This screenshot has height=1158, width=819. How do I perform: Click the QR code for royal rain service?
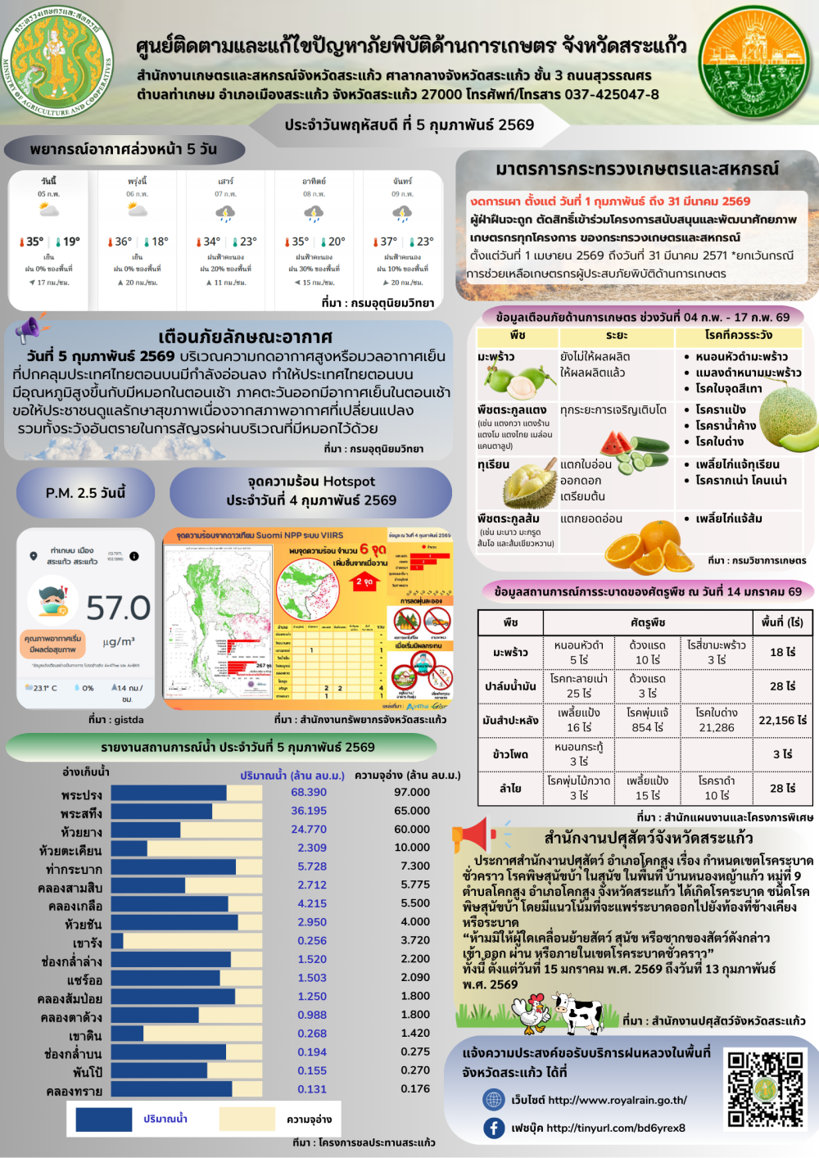(766, 1089)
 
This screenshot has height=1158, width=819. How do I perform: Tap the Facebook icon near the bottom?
(494, 1128)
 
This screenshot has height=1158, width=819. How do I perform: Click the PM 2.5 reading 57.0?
(118, 608)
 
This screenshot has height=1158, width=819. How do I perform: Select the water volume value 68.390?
(309, 792)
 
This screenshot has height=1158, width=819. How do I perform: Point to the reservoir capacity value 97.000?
(412, 792)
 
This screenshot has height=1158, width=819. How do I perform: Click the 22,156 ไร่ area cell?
(782, 720)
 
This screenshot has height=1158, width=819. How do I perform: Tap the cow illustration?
(578, 1013)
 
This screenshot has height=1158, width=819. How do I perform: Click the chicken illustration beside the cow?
(533, 1012)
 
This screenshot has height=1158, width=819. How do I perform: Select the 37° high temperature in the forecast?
(387, 242)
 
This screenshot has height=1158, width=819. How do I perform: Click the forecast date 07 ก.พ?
(225, 194)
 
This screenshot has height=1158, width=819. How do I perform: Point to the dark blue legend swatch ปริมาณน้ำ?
(103, 1119)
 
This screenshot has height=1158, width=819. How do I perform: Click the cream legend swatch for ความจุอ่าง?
(247, 1119)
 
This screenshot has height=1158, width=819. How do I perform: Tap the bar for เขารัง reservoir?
(117, 941)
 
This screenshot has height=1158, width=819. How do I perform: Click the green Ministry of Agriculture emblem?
(57, 61)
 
